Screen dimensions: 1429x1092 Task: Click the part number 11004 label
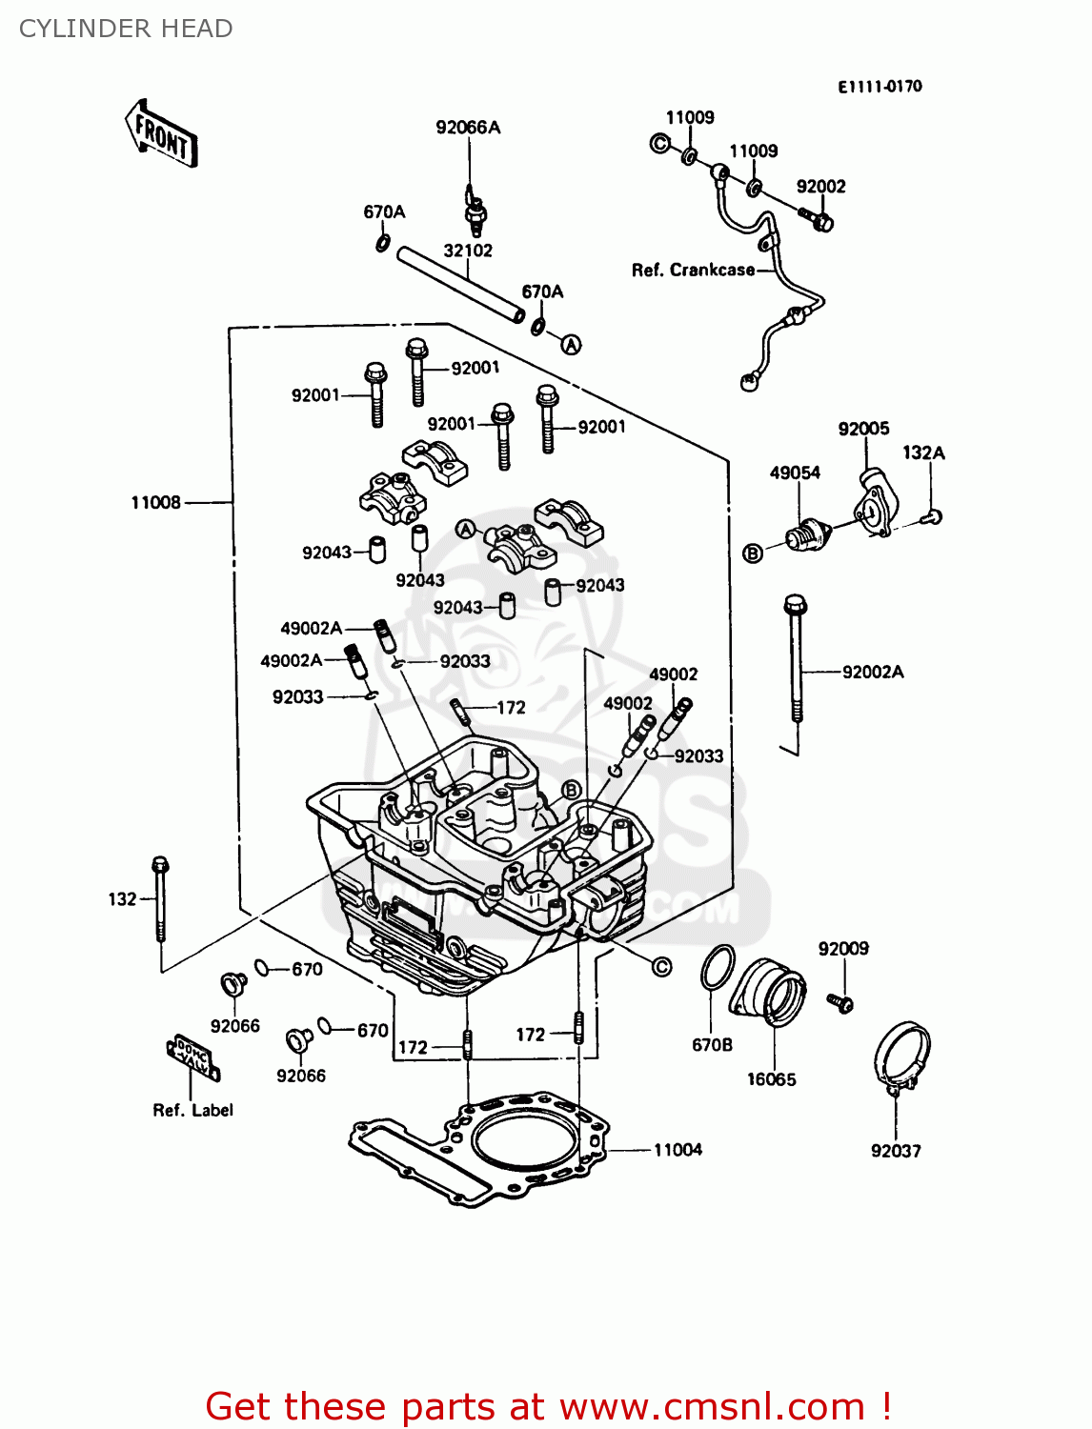click(677, 1150)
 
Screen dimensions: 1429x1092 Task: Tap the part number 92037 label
click(896, 1151)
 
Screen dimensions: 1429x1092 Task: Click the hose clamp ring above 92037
click(901, 1055)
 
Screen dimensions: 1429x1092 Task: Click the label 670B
click(712, 1045)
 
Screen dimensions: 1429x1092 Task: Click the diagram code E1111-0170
click(880, 87)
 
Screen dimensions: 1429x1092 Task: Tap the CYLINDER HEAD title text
click(126, 29)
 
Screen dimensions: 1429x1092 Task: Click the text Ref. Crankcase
click(693, 271)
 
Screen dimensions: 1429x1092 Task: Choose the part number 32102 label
click(468, 251)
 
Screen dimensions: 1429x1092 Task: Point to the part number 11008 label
click(155, 502)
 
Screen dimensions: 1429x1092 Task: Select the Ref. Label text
click(192, 1110)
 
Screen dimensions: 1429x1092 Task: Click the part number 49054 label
click(795, 473)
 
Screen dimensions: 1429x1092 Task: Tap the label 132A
click(923, 453)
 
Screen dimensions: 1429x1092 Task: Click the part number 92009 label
click(843, 949)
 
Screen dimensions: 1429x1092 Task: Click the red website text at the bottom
click(548, 1406)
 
